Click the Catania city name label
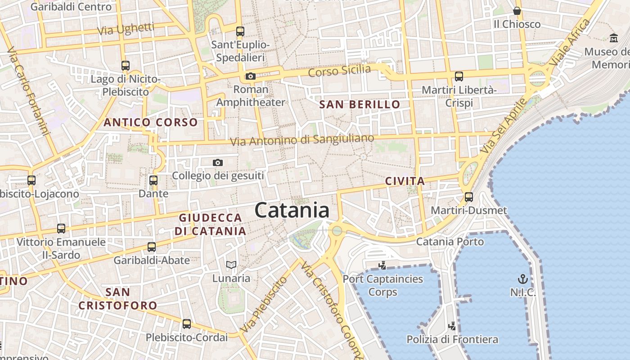[x=292, y=211]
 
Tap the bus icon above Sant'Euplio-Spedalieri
[x=240, y=31]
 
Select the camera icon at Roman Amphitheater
[x=251, y=76]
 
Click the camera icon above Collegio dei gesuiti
[x=218, y=162]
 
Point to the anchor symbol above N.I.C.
[x=523, y=279]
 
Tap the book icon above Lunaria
[x=231, y=265]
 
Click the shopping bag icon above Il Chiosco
[x=517, y=11]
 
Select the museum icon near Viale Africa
[x=613, y=38]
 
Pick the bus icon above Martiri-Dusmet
[x=469, y=197]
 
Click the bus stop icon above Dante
[x=153, y=180]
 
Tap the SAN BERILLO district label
[x=360, y=104]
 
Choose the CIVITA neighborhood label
[x=405, y=181]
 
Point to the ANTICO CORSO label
[x=151, y=122]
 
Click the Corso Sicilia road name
[x=340, y=71]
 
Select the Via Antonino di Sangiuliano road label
[x=302, y=139]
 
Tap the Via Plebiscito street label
[x=264, y=304]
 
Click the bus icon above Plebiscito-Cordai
[x=186, y=324]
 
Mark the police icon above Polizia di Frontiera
[x=452, y=326]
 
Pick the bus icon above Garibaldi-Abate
[x=152, y=247]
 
